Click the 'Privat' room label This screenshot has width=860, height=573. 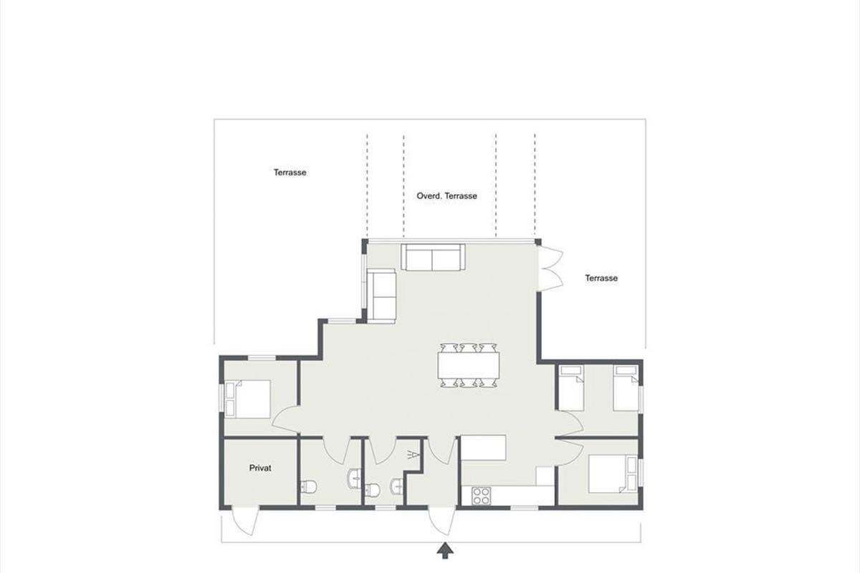260,468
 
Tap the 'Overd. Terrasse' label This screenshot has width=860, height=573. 447,196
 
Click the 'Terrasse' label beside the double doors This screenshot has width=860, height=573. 601,278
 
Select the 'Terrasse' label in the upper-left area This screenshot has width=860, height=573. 290,173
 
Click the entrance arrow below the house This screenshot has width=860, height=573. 445,550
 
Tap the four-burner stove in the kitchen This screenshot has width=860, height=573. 481,496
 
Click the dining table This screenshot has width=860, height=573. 469,365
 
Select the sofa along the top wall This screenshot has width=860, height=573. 433,257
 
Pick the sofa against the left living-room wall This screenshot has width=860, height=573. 381,296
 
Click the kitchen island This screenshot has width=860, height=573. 483,448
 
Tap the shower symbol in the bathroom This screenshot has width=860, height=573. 413,455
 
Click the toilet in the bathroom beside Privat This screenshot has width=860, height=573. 308,487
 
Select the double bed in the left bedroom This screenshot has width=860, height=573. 248,399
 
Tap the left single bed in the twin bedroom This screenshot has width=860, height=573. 571,388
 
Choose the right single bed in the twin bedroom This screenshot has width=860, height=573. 626,388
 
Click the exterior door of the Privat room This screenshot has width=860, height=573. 245,521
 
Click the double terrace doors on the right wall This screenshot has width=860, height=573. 551,269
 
